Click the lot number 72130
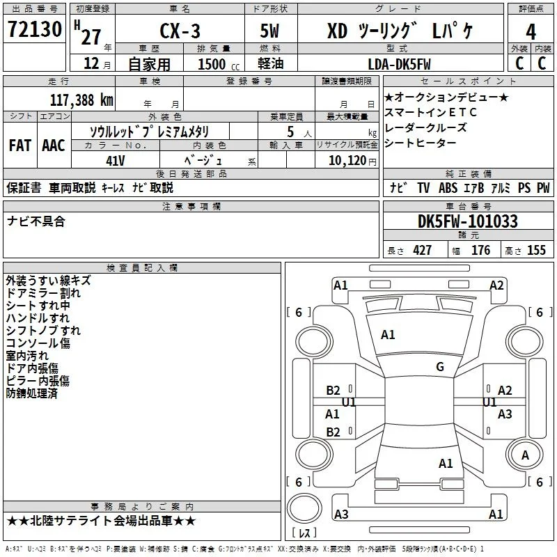coord(35,29)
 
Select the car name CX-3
coord(180,31)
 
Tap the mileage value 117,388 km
coord(81,100)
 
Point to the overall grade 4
coord(531,32)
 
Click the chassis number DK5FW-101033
coord(468,221)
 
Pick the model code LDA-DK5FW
coord(399,64)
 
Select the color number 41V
coord(116,161)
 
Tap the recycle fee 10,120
coord(347,161)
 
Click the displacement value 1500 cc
coord(219,64)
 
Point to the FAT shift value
coord(20,146)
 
